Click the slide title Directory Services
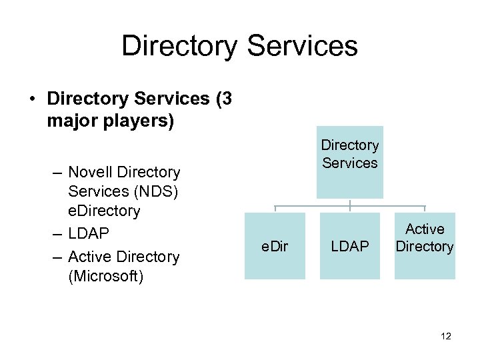click(x=239, y=47)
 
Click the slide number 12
click(x=446, y=337)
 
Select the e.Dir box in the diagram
click(x=275, y=246)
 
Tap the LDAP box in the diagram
click(x=350, y=246)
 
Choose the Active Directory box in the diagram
click(x=425, y=238)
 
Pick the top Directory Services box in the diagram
click(x=349, y=162)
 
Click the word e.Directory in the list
click(x=104, y=211)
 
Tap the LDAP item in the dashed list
click(x=89, y=234)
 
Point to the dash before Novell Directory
click(x=57, y=173)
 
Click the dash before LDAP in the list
click(x=57, y=234)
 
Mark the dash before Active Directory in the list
click(x=57, y=257)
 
